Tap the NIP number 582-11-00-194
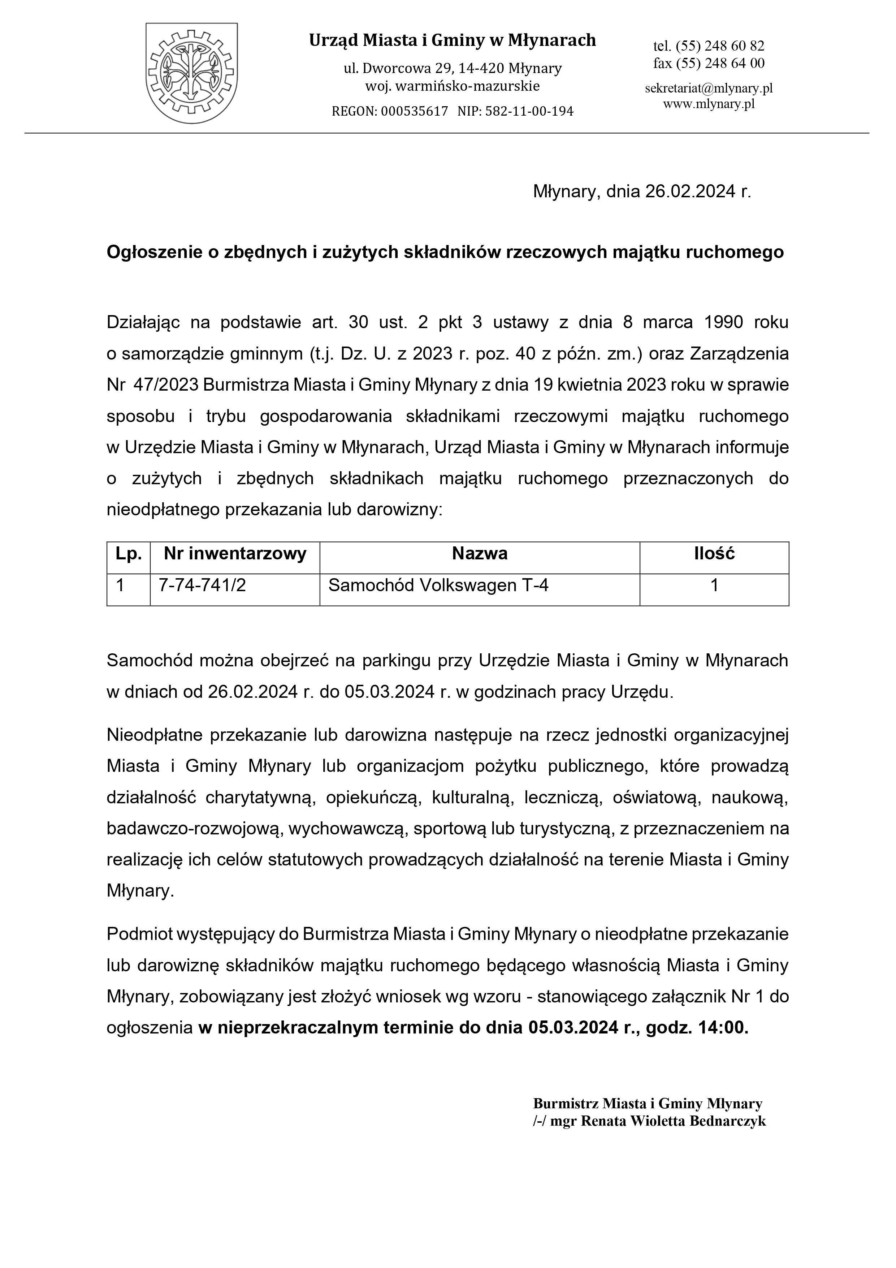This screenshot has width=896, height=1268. pyautogui.click(x=529, y=112)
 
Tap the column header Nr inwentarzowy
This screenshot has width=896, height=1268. pyautogui.click(x=235, y=554)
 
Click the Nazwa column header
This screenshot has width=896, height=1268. pyautogui.click(x=479, y=554)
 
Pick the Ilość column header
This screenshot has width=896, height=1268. pyautogui.click(x=714, y=554)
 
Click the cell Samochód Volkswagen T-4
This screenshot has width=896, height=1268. pyautogui.click(x=438, y=585)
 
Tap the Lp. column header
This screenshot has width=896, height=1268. pyautogui.click(x=128, y=554)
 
